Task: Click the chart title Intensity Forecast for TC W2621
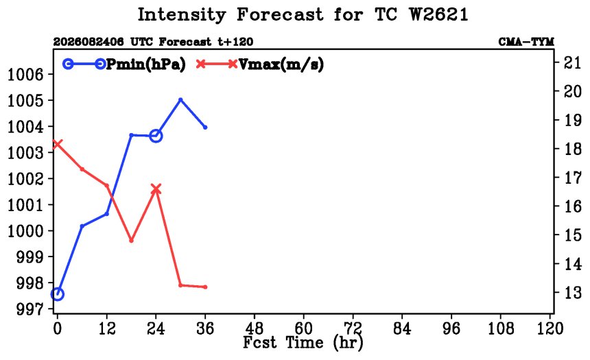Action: pos(303,15)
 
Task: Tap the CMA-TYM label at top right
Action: pos(526,42)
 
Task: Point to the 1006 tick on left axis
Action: pos(25,75)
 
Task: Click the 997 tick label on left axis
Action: pos(30,309)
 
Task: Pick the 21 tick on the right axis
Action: pos(573,62)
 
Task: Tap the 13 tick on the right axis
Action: pos(573,292)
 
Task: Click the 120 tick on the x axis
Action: pos(550,328)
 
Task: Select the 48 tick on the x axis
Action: pos(255,328)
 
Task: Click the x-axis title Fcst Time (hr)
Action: pos(303,343)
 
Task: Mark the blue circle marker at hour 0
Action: pos(57,293)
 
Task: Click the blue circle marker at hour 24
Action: pos(156,136)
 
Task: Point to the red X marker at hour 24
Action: pos(156,189)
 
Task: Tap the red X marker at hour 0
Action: pos(57,144)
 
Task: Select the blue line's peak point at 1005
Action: pos(180,100)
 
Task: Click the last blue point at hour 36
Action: pos(205,127)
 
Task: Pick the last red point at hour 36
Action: pos(205,287)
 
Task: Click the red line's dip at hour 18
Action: pos(131,241)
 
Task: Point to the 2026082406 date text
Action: pos(88,42)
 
